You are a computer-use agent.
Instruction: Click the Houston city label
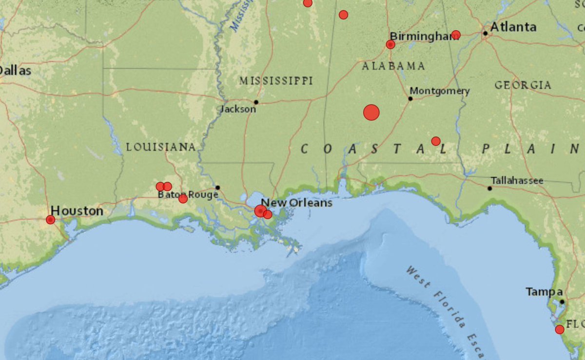(x=77, y=211)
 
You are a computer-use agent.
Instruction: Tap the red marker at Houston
(x=51, y=220)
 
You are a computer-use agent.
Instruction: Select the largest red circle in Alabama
(x=371, y=113)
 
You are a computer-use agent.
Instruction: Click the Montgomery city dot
(x=410, y=99)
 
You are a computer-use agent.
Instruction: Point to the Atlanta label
(x=513, y=27)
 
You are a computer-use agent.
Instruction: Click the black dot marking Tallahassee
(x=489, y=188)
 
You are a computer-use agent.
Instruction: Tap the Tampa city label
(x=544, y=292)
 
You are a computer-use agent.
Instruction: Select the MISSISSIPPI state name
(x=276, y=81)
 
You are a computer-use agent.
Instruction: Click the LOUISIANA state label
(x=161, y=147)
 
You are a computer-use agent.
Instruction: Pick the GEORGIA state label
(x=523, y=85)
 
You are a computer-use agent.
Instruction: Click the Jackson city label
(x=238, y=109)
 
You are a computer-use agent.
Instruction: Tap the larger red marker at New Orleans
(x=260, y=211)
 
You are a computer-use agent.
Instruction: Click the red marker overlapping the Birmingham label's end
(x=456, y=35)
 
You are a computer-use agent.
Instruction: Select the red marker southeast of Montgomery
(x=436, y=141)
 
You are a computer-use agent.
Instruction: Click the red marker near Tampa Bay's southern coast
(x=560, y=329)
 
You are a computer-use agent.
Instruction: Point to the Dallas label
(x=16, y=71)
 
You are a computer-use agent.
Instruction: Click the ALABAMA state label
(x=393, y=66)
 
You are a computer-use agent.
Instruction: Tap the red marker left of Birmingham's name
(x=390, y=45)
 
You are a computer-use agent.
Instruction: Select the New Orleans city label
(x=296, y=203)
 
